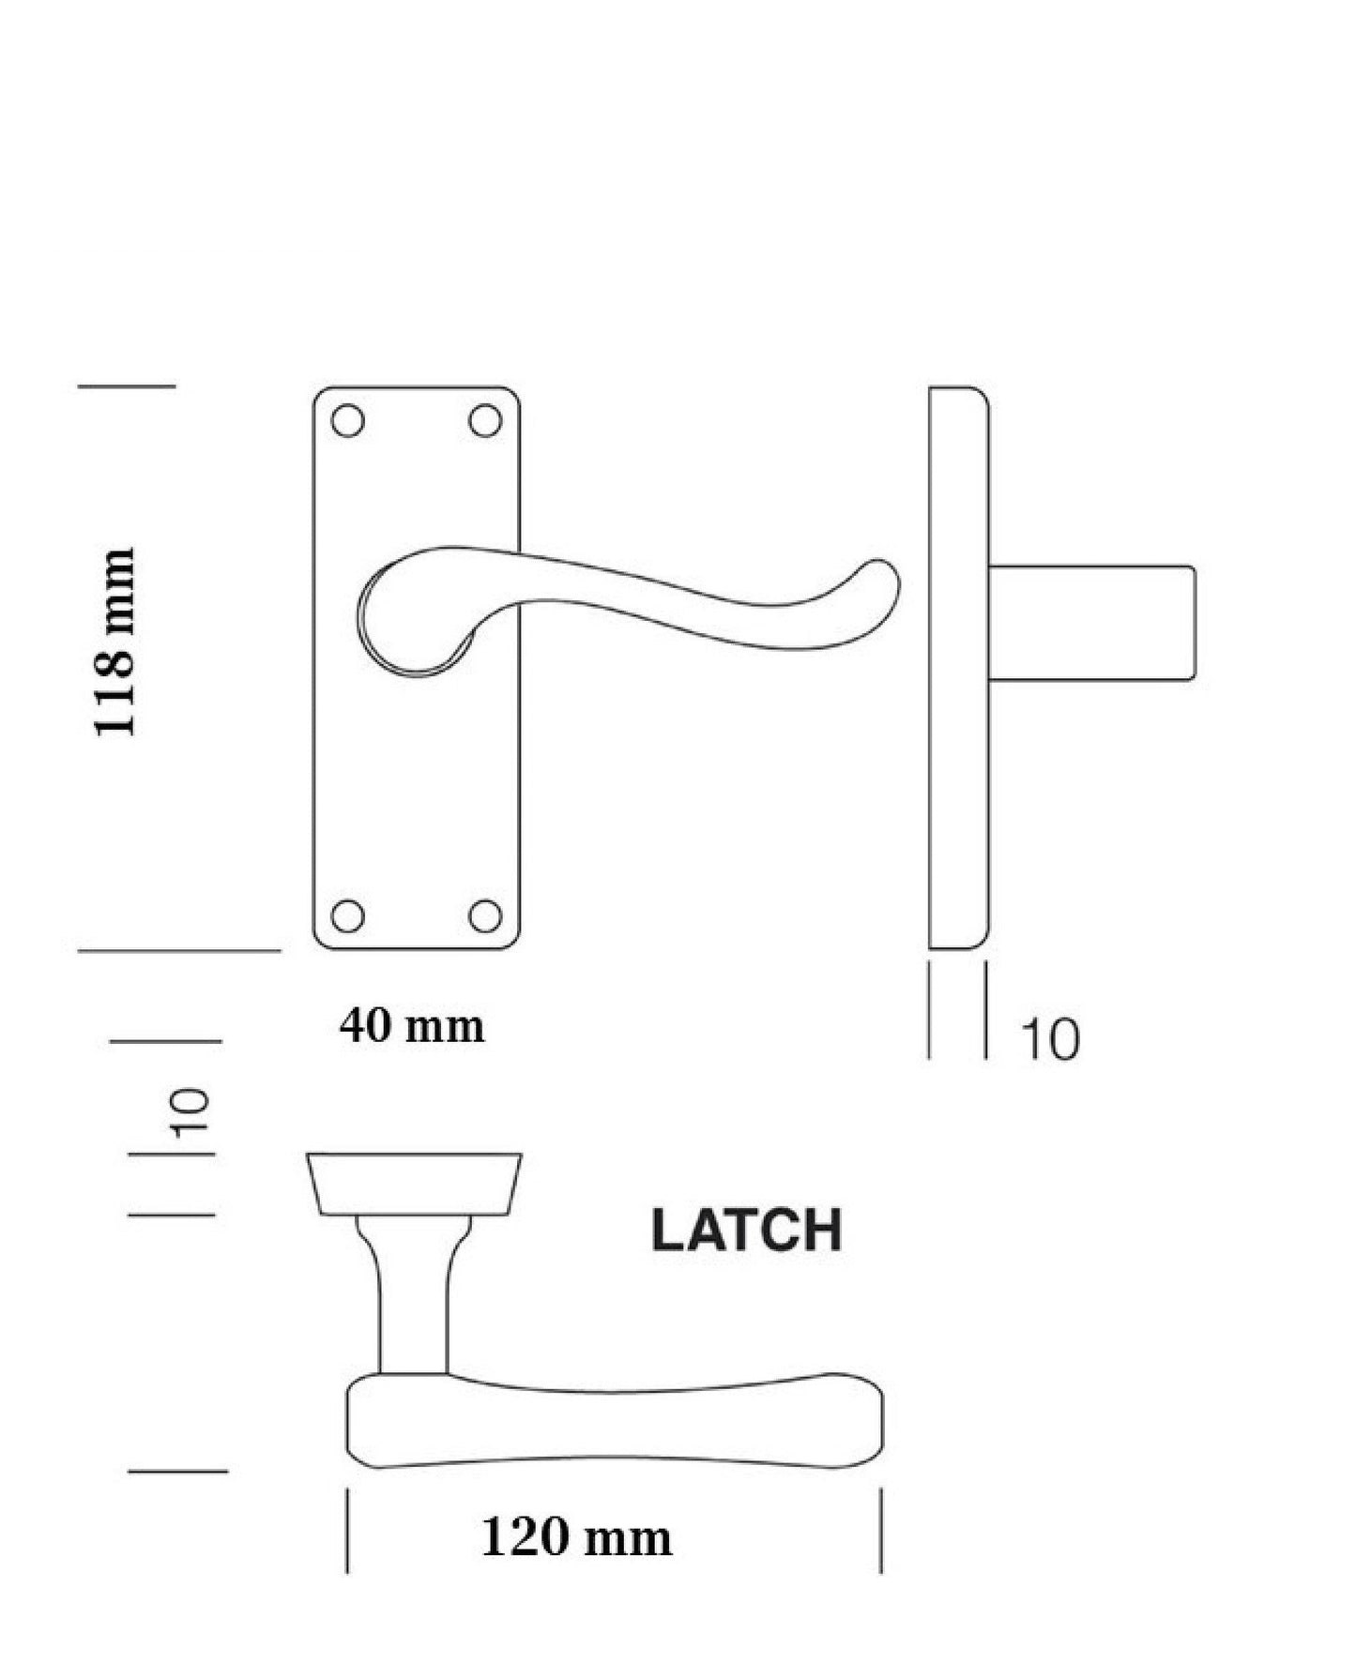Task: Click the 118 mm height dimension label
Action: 114,642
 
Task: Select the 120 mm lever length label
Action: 576,1537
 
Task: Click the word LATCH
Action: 746,1231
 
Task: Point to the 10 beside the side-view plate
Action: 1049,1039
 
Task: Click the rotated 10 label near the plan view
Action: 190,1112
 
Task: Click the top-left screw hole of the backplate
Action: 348,420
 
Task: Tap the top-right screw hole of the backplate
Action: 485,420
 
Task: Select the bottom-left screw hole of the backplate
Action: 348,915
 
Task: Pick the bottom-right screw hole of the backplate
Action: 485,915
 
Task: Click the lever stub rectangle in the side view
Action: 1091,623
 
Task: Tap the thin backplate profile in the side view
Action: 958,668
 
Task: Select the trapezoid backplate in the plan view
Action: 414,1184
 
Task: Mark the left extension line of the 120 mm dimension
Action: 347,1530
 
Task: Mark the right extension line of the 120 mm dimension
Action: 880,1530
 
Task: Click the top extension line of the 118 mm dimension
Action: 127,385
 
